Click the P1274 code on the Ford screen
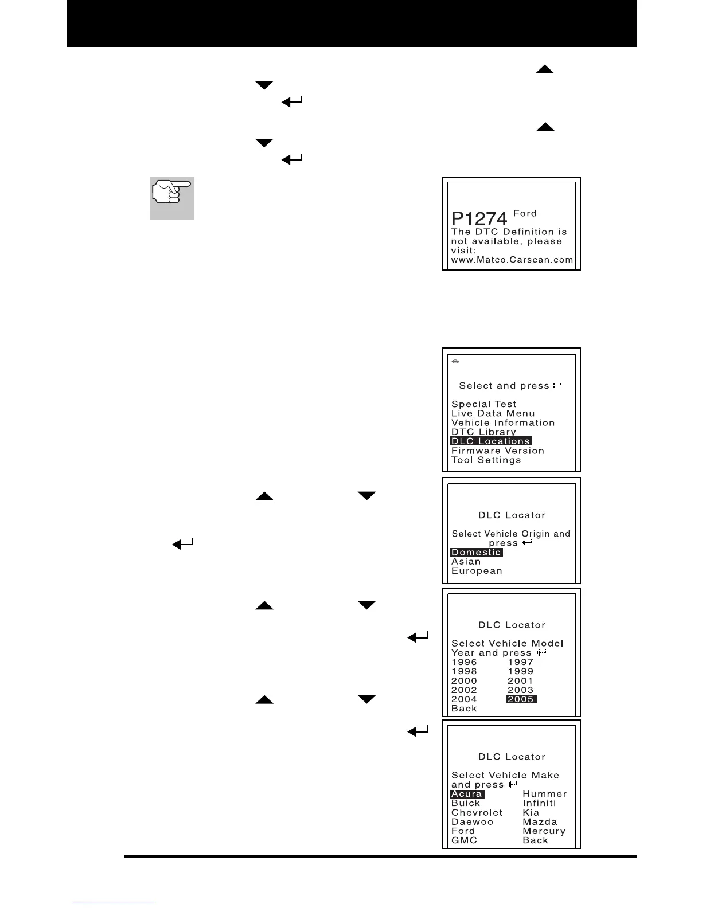479,218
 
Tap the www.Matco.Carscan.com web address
512,260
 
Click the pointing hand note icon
172,198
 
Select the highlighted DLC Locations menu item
491,441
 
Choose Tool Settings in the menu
486,460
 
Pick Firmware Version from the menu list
497,451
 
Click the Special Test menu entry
483,404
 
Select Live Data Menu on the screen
493,413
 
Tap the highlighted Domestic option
477,552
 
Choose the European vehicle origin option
477,571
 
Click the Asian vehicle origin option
466,562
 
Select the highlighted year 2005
521,699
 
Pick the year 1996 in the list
464,662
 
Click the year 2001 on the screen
520,680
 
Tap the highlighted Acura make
467,794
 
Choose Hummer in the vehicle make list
544,794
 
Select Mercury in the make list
544,831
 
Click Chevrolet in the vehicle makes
477,813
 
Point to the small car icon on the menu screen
455,362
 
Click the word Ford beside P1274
525,213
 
